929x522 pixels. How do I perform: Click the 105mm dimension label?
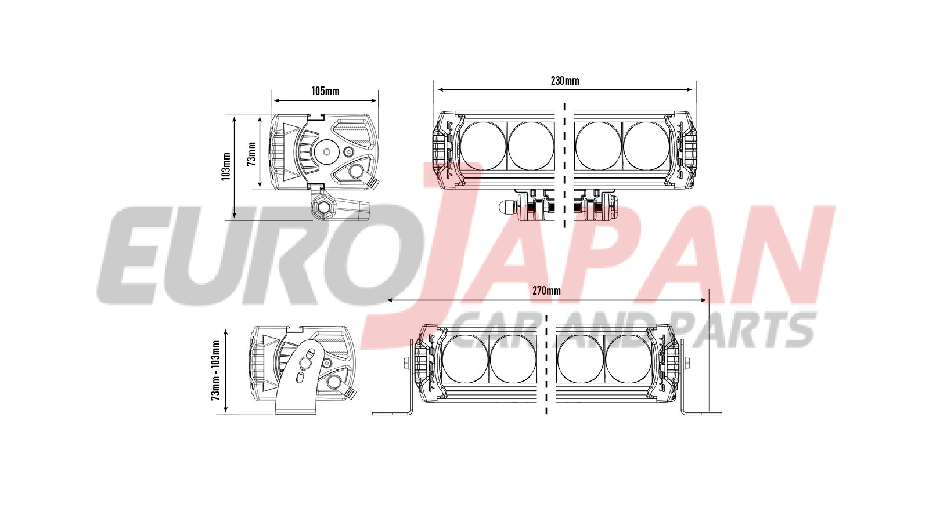pyautogui.click(x=325, y=91)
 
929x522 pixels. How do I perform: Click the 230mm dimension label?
pyautogui.click(x=564, y=81)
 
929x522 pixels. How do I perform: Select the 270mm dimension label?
pyautogui.click(x=546, y=291)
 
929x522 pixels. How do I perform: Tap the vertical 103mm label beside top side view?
pyautogui.click(x=226, y=166)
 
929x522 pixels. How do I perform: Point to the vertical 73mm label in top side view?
pyautogui.click(x=251, y=154)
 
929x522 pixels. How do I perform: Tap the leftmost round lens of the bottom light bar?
pyautogui.click(x=465, y=358)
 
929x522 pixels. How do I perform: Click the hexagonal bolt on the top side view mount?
pyautogui.click(x=323, y=206)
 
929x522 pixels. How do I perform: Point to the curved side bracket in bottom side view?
pyautogui.click(x=299, y=377)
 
